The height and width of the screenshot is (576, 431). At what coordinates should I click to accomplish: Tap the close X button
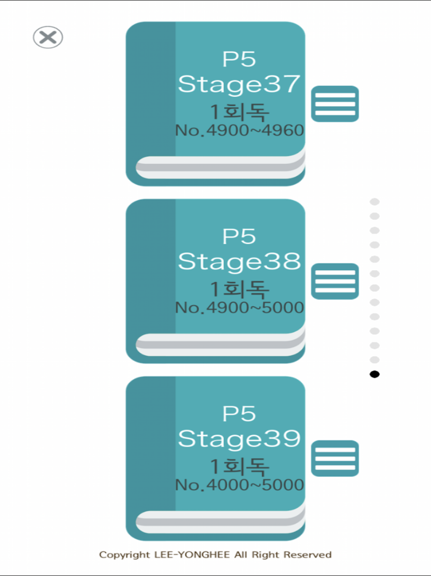point(48,37)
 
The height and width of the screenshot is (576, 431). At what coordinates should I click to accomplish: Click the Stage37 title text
point(239,84)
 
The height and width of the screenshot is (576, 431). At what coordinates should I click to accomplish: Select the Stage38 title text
point(239,262)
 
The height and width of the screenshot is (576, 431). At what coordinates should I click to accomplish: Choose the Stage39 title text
point(239,439)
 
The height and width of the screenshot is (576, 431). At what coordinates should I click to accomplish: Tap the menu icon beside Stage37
point(335,104)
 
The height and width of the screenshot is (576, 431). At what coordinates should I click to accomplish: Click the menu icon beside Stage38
point(335,281)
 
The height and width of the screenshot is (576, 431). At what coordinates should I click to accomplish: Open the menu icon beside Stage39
point(335,459)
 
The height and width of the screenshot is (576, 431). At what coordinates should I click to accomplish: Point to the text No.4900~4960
point(240,130)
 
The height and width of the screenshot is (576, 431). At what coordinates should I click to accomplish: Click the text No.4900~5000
point(240,308)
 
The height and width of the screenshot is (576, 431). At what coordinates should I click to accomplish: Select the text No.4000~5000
point(240,485)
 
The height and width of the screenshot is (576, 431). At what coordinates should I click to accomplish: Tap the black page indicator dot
point(375,374)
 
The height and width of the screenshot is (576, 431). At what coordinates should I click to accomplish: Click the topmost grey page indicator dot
point(375,202)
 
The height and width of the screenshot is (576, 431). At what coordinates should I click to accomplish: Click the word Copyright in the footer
point(124,555)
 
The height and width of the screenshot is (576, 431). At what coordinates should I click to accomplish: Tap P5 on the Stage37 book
point(239,59)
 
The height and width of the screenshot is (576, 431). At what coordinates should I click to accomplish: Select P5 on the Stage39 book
point(239,414)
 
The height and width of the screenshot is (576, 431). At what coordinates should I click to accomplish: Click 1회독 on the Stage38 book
point(239,289)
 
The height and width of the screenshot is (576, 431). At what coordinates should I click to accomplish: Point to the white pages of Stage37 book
point(220,167)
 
